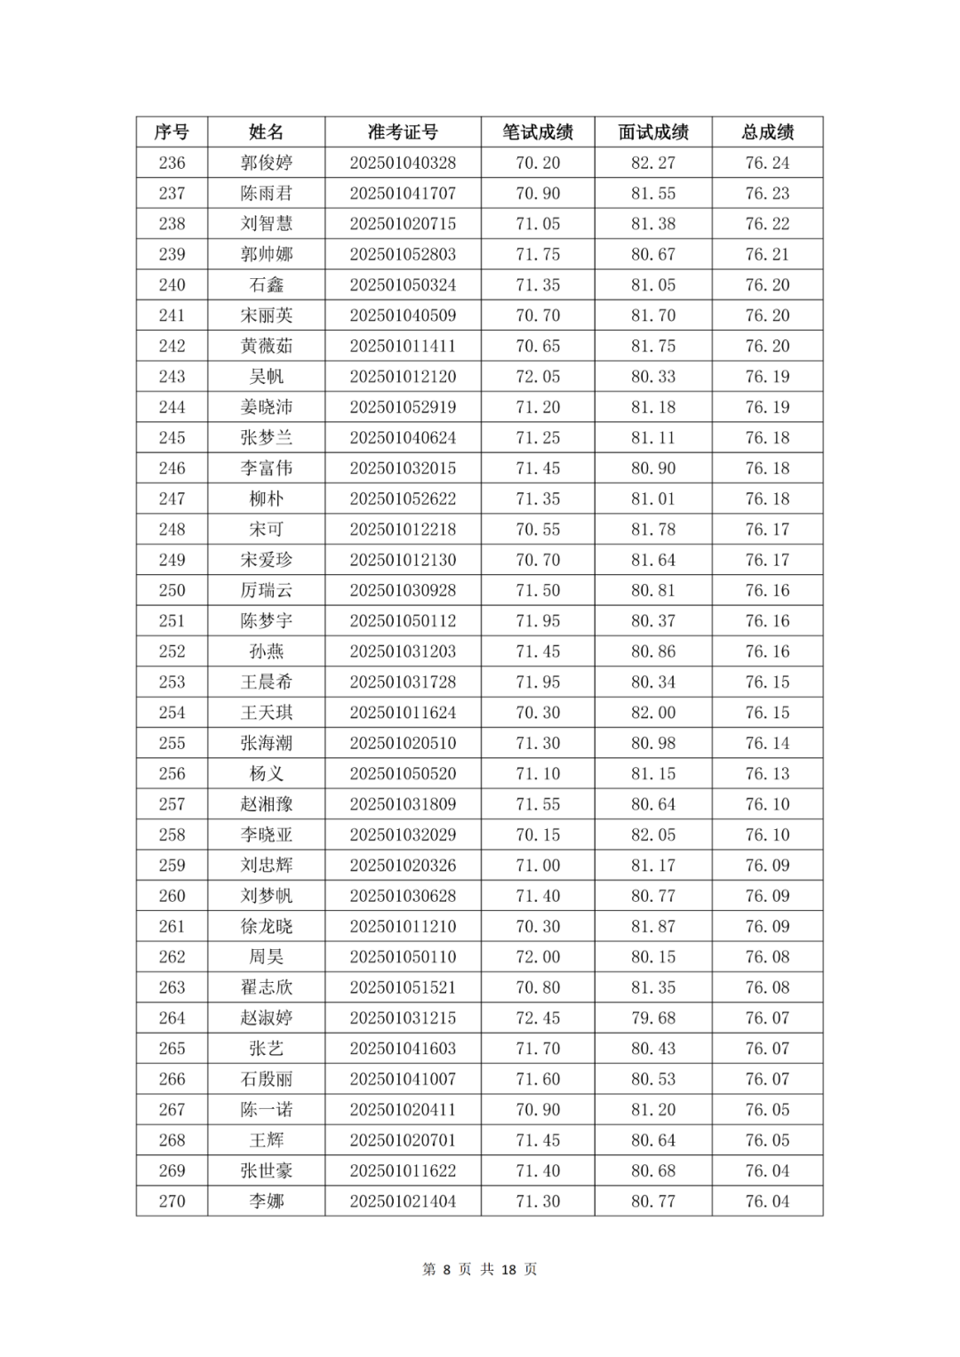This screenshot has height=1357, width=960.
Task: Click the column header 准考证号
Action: tap(403, 132)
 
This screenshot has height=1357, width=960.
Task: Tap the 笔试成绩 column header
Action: tap(538, 132)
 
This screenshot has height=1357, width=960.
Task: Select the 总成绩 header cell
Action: tap(767, 132)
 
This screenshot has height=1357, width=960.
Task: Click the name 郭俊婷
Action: tap(266, 163)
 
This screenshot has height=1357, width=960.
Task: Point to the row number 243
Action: tap(172, 377)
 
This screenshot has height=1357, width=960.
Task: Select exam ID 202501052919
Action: tap(403, 407)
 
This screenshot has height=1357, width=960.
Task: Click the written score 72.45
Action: tap(538, 1018)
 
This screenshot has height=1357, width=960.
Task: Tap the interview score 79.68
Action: tap(653, 1018)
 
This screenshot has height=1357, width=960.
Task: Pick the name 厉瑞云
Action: tap(266, 590)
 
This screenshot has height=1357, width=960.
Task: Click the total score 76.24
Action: tap(767, 163)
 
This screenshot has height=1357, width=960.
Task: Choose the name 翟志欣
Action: tap(266, 987)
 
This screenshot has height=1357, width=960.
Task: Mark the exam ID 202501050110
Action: tap(403, 957)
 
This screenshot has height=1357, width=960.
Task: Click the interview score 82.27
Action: tap(653, 163)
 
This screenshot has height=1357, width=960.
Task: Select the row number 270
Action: tap(172, 1201)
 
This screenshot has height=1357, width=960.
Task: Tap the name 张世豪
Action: tap(266, 1170)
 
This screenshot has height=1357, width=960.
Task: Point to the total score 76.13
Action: tap(767, 773)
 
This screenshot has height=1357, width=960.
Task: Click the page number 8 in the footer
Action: tap(447, 1269)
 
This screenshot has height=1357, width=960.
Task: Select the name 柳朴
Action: tap(266, 499)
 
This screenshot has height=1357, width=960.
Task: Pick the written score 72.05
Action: tap(538, 377)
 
